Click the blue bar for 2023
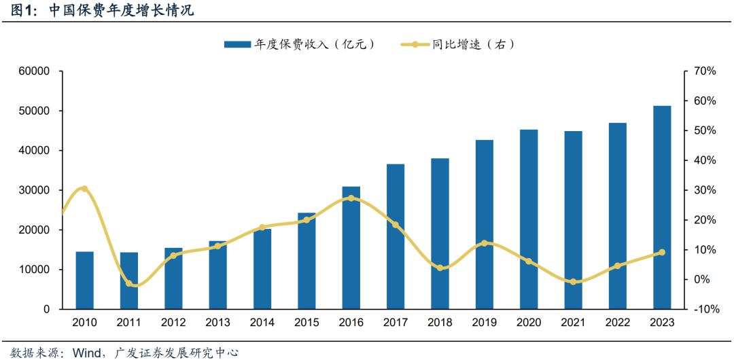coord(662,207)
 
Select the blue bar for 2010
coord(84,280)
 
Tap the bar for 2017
coord(396,236)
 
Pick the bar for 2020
coord(529,219)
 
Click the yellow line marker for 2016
coord(351,198)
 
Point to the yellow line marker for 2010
coord(84,188)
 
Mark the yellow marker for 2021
coord(573,281)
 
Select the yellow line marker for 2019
coord(485,243)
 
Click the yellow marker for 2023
coord(662,252)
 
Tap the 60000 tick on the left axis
coord(33,71)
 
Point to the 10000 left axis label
coord(33,270)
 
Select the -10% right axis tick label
coord(704,309)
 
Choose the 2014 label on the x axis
coord(262,323)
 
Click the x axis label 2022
coord(618,323)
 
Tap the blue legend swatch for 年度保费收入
coord(237,44)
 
